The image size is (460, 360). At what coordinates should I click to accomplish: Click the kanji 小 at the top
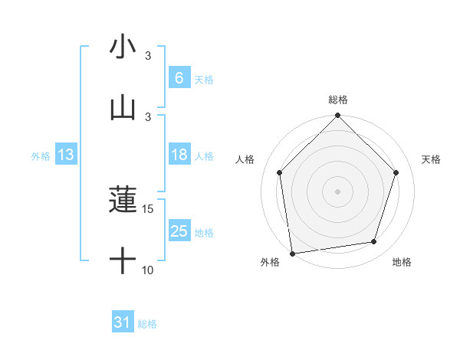pos(123,47)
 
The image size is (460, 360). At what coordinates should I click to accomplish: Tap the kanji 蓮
pos(123,201)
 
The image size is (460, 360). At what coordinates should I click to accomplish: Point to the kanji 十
pos(123,261)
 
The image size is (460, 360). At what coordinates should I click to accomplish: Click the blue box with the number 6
pos(179,78)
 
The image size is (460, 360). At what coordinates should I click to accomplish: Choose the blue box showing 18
pos(179,155)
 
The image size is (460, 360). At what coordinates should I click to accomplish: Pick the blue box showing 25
pos(179,231)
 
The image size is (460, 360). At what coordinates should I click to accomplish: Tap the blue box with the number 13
pos(65,155)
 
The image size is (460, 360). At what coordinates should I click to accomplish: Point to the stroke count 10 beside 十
pos(149,270)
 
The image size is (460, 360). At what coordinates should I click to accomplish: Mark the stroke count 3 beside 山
pos(149,116)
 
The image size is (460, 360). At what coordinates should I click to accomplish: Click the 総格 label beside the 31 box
pos(147,324)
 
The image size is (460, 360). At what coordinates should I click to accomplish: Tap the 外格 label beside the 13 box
pos(41,156)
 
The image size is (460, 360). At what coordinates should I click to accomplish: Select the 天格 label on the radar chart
pos(432,159)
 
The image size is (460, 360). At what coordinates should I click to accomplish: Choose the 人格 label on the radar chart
pos(245,159)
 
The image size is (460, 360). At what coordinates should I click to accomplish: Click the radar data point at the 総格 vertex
pos(337,116)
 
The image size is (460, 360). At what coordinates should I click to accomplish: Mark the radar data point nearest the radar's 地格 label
pos(374,242)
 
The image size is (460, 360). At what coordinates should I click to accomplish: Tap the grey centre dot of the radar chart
pos(337,191)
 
